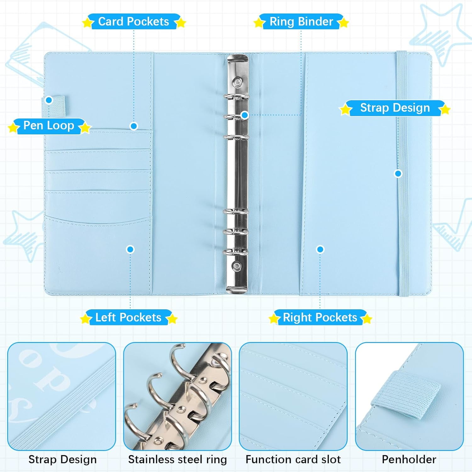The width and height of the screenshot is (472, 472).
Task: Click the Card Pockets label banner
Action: [134, 22]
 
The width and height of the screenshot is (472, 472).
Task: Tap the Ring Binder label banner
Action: [301, 22]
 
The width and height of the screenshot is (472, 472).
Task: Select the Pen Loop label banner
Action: [49, 126]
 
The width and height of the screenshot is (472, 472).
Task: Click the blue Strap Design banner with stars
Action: [395, 108]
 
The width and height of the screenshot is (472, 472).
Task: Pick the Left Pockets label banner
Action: [128, 317]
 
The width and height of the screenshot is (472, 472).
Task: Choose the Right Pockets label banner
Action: [320, 317]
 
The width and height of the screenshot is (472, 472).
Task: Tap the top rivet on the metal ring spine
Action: [237, 83]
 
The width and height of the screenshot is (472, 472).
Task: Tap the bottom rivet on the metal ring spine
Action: [236, 266]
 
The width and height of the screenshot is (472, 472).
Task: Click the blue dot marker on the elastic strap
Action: [398, 173]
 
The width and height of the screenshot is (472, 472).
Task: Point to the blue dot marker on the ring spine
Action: [245, 115]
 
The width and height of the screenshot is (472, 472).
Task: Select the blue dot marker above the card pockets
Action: [134, 126]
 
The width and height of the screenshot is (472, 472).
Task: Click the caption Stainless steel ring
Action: [177, 459]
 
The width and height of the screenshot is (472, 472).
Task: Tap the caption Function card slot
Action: [293, 459]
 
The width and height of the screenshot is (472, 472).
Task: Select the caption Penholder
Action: [409, 459]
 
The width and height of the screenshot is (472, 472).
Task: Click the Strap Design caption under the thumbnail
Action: [62, 459]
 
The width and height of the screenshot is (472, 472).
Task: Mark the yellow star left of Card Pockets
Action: [87, 23]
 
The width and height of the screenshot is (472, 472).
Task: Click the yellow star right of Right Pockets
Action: [367, 319]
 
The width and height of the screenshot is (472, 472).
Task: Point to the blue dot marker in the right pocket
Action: [320, 250]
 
